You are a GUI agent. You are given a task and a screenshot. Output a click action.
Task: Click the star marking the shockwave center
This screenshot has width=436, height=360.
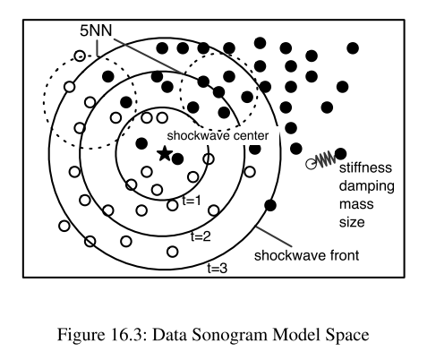[165, 154]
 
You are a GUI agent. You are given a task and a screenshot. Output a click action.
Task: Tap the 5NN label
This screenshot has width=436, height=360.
[96, 30]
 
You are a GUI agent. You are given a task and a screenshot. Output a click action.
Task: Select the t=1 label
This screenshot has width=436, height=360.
[192, 201]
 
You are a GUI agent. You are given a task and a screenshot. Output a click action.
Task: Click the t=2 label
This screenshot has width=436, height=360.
[201, 236]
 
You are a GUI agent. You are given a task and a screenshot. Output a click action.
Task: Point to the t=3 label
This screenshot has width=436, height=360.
[218, 269]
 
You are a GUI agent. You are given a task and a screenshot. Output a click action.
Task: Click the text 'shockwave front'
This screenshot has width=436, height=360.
[306, 255]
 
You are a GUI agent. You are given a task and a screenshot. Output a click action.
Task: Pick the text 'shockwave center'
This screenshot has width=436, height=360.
[218, 136]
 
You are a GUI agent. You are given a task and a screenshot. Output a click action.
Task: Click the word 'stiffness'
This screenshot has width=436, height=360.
[365, 167]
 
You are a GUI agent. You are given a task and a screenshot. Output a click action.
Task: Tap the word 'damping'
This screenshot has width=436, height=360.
[367, 186]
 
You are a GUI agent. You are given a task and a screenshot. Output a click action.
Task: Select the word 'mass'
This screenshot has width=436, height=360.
[356, 204]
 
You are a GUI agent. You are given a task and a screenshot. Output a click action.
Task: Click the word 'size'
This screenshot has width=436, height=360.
[352, 222]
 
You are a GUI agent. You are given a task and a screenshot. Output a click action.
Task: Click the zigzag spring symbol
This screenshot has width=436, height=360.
[326, 159]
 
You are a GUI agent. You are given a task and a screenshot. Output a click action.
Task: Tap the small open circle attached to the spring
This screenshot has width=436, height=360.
[312, 164]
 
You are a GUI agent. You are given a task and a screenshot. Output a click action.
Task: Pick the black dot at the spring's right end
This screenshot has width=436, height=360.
[340, 154]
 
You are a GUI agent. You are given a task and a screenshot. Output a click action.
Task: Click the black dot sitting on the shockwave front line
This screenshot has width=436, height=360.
[270, 205]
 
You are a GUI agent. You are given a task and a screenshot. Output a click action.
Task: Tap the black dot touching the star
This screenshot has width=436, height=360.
[178, 159]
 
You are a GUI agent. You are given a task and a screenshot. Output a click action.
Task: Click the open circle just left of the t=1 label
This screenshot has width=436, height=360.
[173, 205]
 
